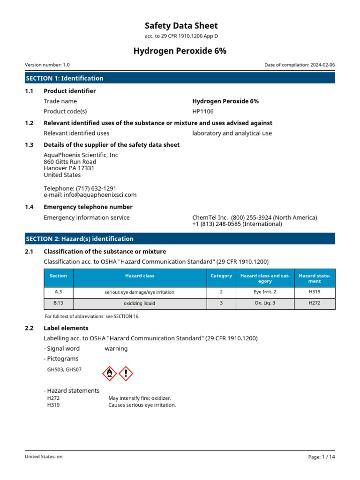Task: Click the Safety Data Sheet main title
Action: pyautogui.click(x=181, y=26)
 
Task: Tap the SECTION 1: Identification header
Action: pyautogui.click(x=65, y=78)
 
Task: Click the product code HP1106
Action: pyautogui.click(x=202, y=112)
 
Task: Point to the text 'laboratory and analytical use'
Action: pyautogui.click(x=232, y=133)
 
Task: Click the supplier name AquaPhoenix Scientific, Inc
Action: pyautogui.click(x=81, y=155)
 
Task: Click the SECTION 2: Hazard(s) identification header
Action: pyautogui.click(x=80, y=239)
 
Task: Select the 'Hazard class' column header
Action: pyautogui.click(x=140, y=276)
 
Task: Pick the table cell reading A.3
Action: pyautogui.click(x=59, y=292)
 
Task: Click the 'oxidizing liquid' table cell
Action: pyautogui.click(x=140, y=303)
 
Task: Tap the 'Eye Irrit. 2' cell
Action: pyautogui.click(x=265, y=292)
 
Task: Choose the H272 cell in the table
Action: pyautogui.click(x=315, y=303)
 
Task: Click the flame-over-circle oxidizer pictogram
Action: pyautogui.click(x=109, y=373)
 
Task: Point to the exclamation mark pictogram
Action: pyautogui.click(x=126, y=373)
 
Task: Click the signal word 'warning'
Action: pyautogui.click(x=116, y=348)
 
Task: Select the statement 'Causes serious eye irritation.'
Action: pyautogui.click(x=142, y=405)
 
